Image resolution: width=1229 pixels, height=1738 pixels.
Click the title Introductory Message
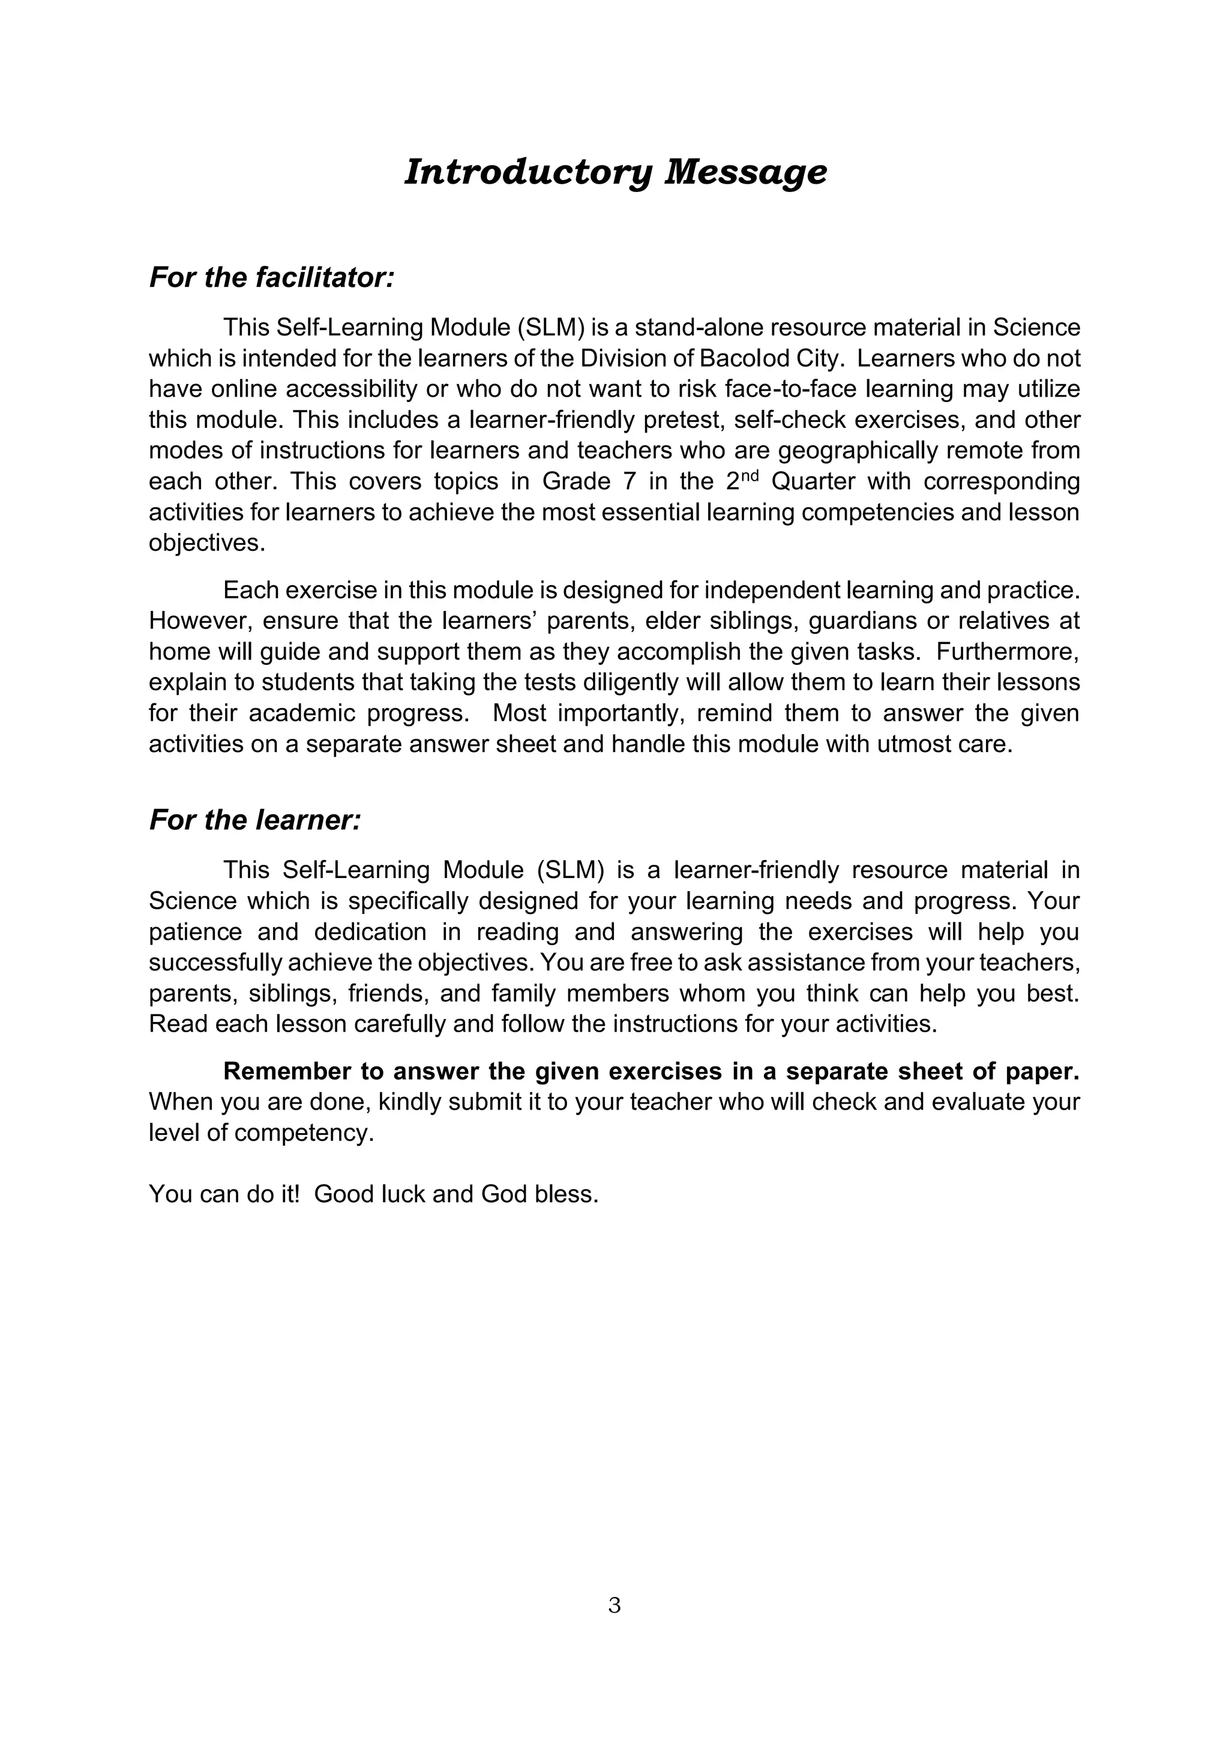tap(615, 172)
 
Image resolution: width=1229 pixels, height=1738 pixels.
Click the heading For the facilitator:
tap(272, 278)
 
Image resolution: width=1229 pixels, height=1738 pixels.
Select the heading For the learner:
tap(255, 820)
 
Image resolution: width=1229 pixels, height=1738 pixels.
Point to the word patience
tap(194, 932)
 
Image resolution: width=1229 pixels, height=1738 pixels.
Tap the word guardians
tap(858, 620)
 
